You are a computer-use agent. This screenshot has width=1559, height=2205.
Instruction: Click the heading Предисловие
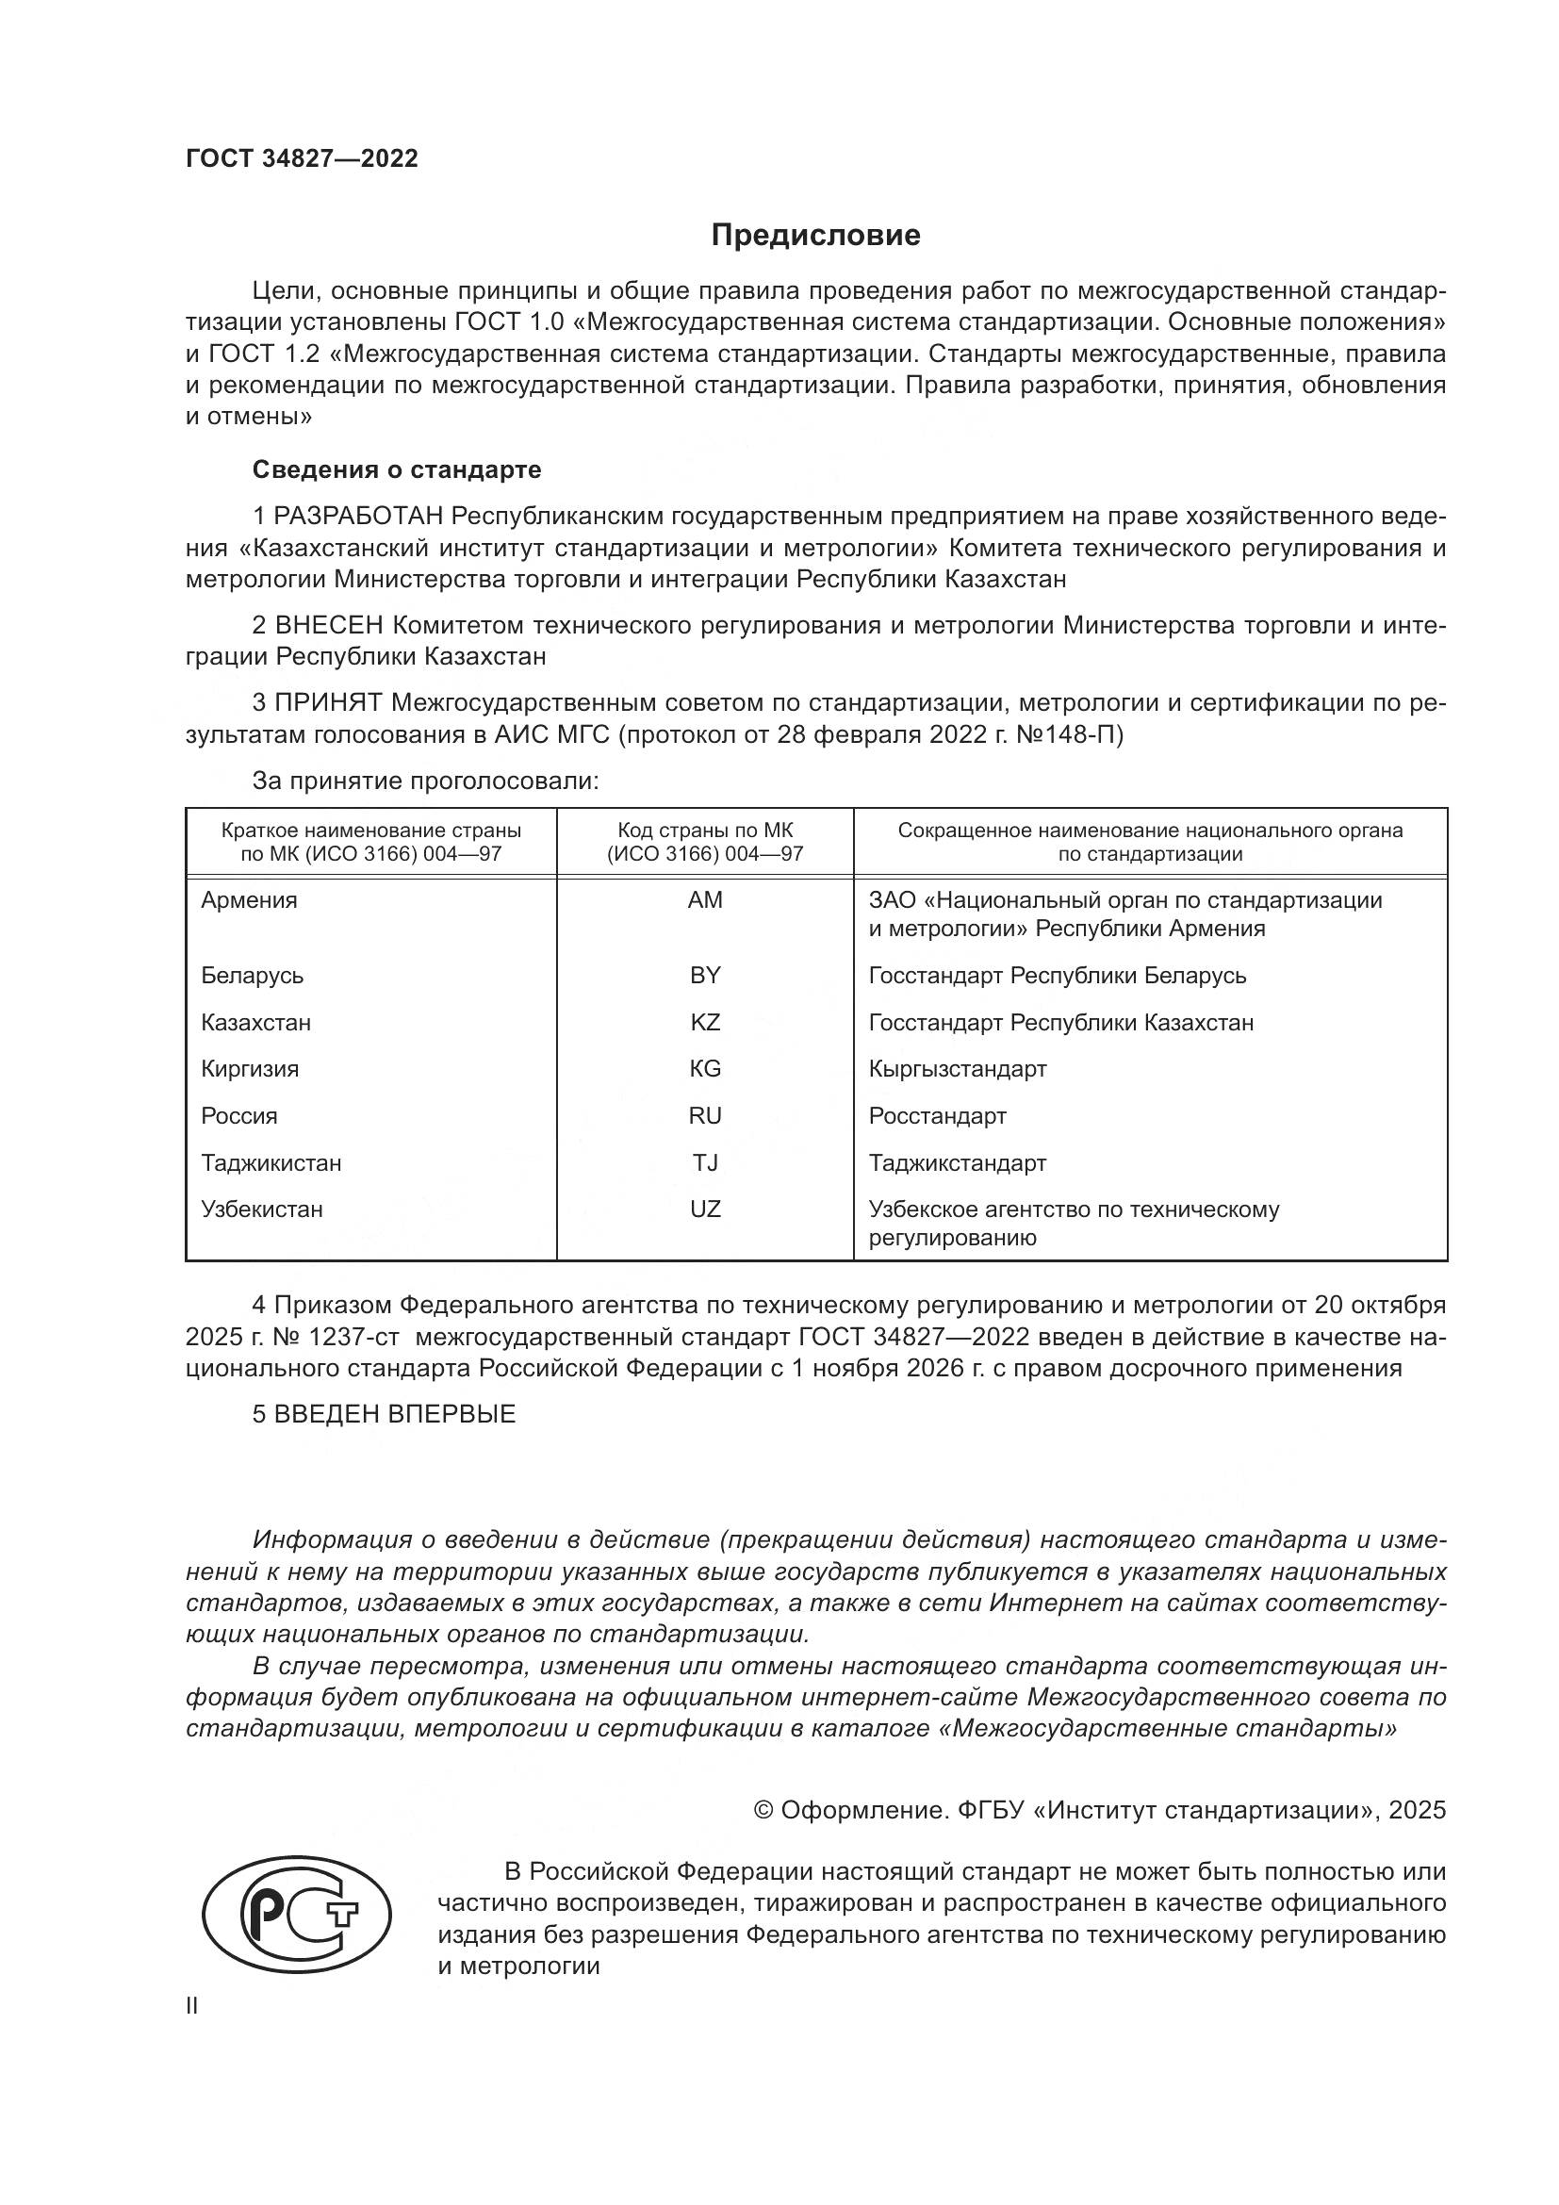coord(815,236)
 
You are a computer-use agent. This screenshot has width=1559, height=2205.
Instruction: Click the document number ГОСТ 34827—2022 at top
coord(302,159)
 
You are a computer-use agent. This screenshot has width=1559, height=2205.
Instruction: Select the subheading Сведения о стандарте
coord(397,469)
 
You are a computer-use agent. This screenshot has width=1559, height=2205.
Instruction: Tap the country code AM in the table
coord(705,900)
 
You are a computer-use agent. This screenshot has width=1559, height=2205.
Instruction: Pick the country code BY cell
coord(705,975)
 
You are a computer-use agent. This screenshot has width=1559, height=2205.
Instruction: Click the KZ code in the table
coord(705,1022)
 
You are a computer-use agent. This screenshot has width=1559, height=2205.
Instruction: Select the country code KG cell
coord(705,1069)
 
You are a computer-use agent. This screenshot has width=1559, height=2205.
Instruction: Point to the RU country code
coord(705,1116)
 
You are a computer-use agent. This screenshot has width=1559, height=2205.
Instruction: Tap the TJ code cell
coord(705,1163)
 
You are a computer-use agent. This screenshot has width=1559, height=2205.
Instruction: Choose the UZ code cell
coord(705,1209)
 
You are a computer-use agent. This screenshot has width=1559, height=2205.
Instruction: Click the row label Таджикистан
coord(271,1163)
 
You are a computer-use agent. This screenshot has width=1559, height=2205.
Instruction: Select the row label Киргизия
coord(250,1069)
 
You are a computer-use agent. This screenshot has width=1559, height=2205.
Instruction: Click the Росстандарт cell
coord(937,1116)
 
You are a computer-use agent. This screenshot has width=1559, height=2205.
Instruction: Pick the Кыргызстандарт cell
coord(957,1069)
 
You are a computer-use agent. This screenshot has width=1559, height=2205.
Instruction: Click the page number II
coord(192,2006)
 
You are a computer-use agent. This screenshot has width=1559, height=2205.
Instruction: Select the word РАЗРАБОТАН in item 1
coord(358,517)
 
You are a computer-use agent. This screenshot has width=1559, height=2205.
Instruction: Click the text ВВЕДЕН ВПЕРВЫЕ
coord(395,1414)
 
